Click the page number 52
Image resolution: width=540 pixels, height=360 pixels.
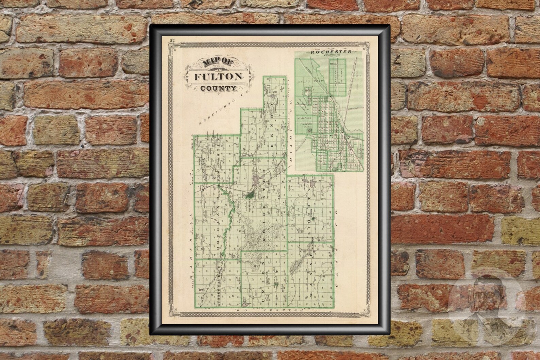172,41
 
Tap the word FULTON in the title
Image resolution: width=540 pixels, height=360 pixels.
218,76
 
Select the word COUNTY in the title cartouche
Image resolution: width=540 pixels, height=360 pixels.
218,89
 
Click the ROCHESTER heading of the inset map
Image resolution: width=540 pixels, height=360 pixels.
329,52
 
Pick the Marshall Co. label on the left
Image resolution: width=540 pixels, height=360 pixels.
190,238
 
